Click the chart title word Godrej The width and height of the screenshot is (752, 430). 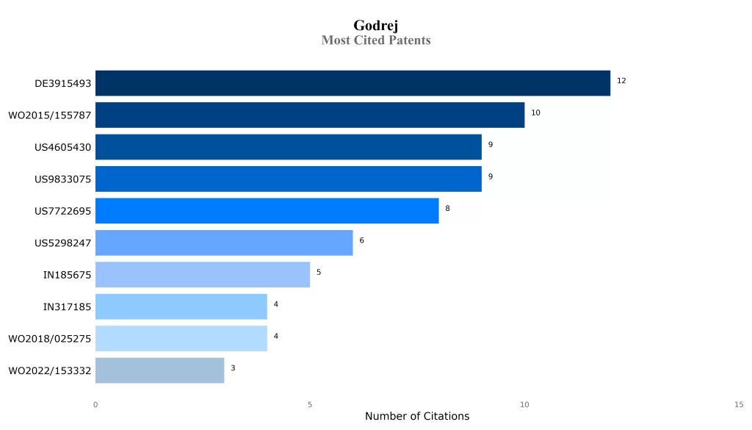pos(375,26)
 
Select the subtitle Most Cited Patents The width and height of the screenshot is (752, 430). pos(375,40)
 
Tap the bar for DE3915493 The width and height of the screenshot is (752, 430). pos(352,83)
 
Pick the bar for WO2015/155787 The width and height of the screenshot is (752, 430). pos(310,115)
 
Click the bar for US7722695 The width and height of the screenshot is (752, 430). pos(267,211)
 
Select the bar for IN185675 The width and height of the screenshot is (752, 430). pos(203,275)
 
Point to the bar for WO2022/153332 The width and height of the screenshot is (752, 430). pos(159,370)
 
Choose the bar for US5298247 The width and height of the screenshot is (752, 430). pos(224,243)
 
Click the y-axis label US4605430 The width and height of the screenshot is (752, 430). pos(62,147)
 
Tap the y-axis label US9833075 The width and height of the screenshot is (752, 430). pos(62,179)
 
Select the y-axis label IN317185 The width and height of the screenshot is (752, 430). pos(67,307)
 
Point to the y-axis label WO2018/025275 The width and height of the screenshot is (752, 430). pos(50,339)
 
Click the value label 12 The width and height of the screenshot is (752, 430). pos(621,81)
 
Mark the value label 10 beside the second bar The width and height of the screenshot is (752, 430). pos(535,112)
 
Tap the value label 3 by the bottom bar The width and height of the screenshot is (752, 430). pos(233,368)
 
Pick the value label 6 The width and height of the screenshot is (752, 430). pos(361,240)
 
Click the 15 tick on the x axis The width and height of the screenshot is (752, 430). pos(739,405)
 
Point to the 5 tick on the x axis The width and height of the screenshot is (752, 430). pos(310,405)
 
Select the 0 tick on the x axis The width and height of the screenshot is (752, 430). pos(95,405)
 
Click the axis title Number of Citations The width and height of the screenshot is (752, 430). pos(417,417)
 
